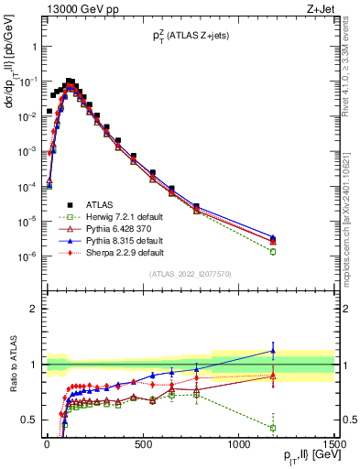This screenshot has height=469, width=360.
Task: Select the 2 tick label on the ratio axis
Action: (31, 309)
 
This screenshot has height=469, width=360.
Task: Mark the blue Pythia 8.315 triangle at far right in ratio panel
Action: (273, 350)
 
